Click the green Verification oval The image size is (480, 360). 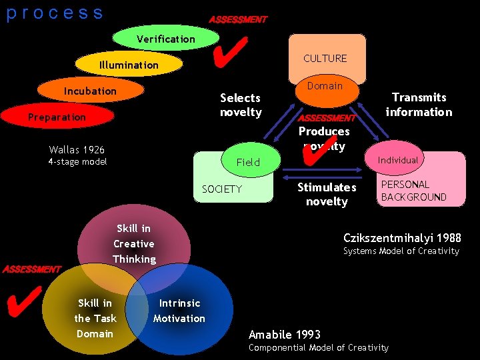[x=166, y=39]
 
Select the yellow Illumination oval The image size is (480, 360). [x=129, y=65]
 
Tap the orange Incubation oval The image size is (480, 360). [x=90, y=91]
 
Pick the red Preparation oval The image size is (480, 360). [x=57, y=117]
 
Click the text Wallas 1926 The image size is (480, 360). [x=77, y=149]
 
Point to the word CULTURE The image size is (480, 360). [x=325, y=59]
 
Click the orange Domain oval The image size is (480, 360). [x=325, y=86]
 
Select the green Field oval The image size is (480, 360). [x=248, y=162]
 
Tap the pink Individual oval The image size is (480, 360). [x=398, y=160]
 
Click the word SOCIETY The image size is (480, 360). [x=222, y=189]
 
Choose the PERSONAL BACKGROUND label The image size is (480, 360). [x=413, y=191]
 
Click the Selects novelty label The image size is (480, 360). [x=241, y=105]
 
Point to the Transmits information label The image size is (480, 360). [x=419, y=105]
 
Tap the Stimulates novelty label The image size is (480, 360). [x=327, y=194]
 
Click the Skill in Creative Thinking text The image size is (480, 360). [x=134, y=243]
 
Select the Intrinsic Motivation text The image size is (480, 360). [x=179, y=311]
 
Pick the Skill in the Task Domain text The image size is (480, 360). [x=95, y=318]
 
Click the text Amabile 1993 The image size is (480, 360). [x=285, y=334]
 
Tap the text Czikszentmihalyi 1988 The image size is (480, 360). [x=402, y=238]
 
